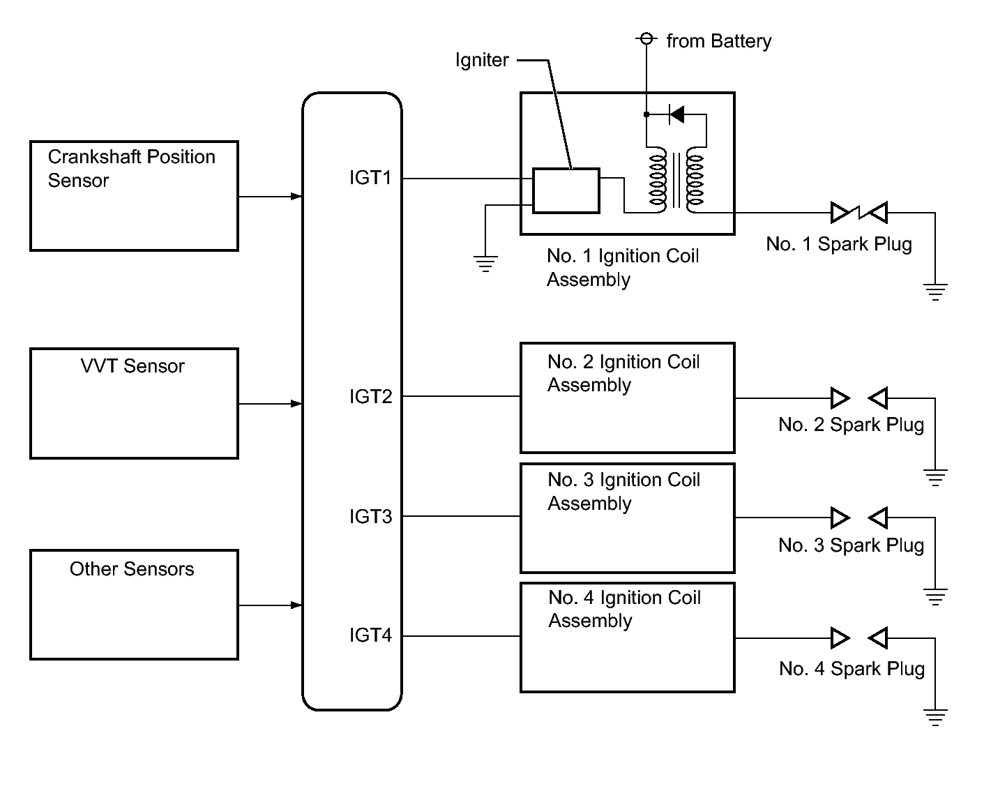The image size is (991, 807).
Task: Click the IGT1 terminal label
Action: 370,178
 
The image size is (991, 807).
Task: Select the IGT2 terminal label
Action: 371,396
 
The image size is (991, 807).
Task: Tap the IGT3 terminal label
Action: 371,517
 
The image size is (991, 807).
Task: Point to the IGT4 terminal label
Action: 371,635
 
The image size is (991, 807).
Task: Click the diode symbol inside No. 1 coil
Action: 676,114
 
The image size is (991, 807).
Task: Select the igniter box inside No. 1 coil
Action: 566,191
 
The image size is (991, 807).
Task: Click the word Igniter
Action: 482,61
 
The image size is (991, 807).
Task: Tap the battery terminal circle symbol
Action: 646,38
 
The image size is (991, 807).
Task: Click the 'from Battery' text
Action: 719,41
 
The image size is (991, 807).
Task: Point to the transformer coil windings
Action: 676,181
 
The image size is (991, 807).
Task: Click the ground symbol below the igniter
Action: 485,264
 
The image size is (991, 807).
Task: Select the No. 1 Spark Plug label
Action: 839,244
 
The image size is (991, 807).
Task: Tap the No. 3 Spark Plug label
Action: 851,545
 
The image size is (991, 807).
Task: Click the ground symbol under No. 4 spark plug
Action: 935,717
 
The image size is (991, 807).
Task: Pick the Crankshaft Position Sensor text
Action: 132,169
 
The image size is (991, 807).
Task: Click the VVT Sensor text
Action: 133,366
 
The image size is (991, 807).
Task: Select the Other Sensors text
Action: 132,569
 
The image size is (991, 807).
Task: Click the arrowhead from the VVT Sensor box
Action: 296,404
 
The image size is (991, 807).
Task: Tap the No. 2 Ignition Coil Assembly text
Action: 623,373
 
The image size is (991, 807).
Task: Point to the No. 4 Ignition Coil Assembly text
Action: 624,609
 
